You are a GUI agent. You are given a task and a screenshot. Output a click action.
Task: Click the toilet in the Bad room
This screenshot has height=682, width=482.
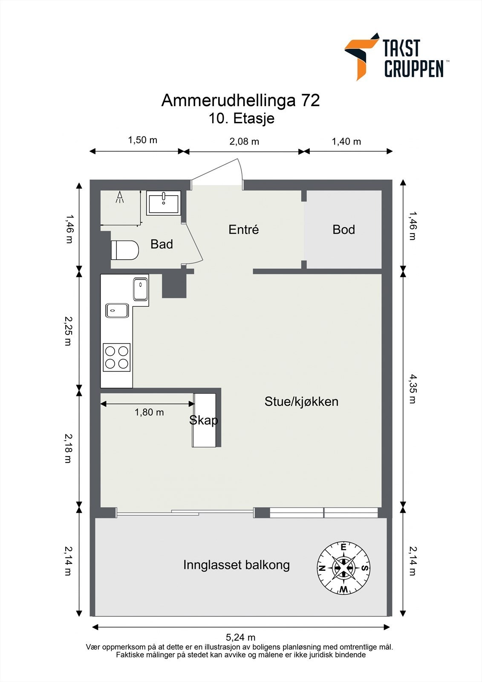[x=125, y=250]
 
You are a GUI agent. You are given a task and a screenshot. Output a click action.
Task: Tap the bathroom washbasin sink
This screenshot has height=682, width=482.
[x=164, y=203]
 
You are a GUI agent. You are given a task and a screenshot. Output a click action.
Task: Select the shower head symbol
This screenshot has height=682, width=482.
[x=120, y=197]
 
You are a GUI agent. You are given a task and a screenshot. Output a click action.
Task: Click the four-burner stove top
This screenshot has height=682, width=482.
[x=117, y=357]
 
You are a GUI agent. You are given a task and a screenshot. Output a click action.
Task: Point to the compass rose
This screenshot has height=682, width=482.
[x=343, y=568]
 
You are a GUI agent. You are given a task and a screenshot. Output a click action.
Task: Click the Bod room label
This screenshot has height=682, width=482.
[x=344, y=230]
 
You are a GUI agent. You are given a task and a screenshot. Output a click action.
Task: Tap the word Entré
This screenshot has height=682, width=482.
[x=244, y=229]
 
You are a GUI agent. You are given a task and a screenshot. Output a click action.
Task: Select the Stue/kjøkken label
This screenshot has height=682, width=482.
[x=301, y=402]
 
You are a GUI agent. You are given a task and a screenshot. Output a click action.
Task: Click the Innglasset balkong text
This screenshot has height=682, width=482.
[x=237, y=565]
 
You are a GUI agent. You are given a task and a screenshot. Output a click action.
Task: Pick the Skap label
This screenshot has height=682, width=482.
[x=204, y=420]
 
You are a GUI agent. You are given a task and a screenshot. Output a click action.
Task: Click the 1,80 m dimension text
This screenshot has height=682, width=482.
[x=149, y=412]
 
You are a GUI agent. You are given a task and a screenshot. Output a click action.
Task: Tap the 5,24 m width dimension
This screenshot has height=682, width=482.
[x=240, y=637]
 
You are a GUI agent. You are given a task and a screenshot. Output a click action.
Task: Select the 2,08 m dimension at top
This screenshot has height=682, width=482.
[x=244, y=142]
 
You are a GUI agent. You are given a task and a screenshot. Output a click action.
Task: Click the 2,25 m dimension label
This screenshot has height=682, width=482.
[x=68, y=331]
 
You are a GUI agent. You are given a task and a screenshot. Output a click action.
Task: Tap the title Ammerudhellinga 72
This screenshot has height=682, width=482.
[x=240, y=100]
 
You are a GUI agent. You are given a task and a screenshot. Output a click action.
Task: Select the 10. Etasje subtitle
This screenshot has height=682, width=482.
[x=242, y=118]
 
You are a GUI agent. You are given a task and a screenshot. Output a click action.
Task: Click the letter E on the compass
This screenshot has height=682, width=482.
[x=343, y=547]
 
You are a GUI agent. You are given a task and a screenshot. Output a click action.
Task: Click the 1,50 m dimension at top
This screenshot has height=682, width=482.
[x=142, y=140]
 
